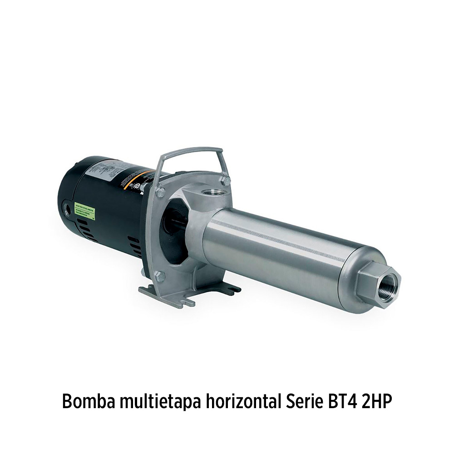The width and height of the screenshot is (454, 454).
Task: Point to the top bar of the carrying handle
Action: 191,151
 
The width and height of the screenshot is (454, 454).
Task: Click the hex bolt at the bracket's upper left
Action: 160,192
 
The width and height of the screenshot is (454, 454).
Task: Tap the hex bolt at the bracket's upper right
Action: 226,181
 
